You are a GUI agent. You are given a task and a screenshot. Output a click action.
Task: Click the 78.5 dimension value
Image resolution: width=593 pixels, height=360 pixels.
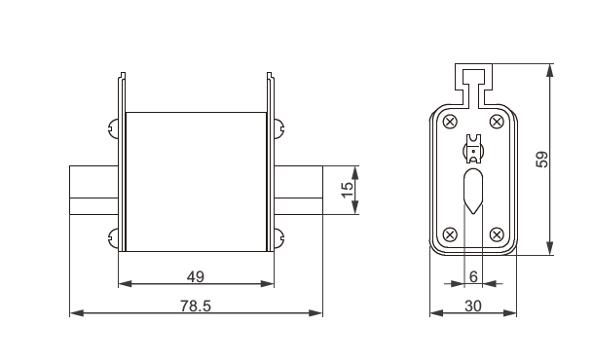(x=196, y=305)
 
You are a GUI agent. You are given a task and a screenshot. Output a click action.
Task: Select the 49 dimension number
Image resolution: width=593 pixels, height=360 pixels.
(x=196, y=277)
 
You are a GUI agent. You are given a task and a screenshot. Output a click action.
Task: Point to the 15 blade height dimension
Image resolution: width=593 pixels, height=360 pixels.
(x=347, y=190)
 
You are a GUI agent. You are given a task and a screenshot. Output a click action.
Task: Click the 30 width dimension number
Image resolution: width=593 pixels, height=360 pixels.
(x=472, y=305)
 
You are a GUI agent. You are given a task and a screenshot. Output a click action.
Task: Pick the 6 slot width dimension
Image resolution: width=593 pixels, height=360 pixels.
(x=472, y=277)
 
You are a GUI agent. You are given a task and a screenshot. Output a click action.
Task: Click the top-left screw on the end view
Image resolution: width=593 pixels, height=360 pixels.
(x=450, y=121)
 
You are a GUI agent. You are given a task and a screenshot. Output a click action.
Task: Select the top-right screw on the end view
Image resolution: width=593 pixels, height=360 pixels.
(x=496, y=121)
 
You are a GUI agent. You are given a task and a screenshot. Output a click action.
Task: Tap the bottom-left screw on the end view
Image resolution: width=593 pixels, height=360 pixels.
(x=450, y=234)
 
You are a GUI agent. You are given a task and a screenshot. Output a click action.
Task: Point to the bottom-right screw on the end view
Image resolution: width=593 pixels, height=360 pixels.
(x=496, y=234)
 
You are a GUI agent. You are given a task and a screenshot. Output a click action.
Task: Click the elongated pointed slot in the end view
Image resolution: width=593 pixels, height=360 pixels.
(x=472, y=191)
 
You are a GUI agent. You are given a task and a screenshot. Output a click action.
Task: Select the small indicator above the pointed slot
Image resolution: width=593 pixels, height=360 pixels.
(x=472, y=148)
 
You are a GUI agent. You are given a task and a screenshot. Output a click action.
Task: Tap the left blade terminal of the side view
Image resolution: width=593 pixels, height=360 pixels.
(x=93, y=191)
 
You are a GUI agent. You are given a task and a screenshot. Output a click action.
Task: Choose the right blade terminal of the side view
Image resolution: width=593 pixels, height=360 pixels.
(x=298, y=191)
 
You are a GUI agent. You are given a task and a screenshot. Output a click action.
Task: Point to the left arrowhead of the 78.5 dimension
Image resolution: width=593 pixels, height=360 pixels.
(x=76, y=313)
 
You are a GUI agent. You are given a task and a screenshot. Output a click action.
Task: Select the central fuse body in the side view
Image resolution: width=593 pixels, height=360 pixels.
(x=196, y=180)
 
